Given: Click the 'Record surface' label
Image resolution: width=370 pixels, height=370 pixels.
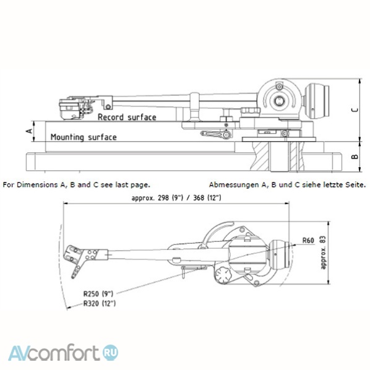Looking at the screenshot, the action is click(127, 117).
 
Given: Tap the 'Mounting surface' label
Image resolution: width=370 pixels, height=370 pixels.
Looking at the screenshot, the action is click(84, 137).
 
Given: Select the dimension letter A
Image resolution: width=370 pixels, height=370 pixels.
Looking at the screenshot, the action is click(30, 131).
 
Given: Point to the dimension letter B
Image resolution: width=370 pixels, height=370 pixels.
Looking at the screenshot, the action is click(355, 157).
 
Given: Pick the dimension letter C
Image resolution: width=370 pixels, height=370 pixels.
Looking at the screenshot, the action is click(355, 110).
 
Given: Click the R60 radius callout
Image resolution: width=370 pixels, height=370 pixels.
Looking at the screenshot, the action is click(308, 241).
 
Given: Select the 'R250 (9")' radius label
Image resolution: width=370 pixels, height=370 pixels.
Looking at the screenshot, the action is click(98, 293).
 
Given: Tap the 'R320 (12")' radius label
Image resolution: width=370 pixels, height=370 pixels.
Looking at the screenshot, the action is click(100, 303).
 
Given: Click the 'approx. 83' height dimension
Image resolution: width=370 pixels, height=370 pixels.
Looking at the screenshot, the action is click(323, 252).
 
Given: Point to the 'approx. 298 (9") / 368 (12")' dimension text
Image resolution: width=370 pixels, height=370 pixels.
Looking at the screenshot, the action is click(176, 198).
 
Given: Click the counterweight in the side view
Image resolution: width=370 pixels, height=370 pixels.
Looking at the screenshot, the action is click(316, 101).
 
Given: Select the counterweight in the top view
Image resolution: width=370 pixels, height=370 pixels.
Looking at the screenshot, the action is click(279, 254).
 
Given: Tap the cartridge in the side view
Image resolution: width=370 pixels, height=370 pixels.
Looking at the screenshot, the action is click(71, 109).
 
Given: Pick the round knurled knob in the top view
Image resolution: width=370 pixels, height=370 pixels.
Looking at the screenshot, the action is click(223, 275).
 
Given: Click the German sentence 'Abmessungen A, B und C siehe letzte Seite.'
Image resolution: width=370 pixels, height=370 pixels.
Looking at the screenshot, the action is click(288, 185).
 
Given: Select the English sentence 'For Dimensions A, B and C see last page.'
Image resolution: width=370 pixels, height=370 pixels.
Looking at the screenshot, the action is click(77, 185).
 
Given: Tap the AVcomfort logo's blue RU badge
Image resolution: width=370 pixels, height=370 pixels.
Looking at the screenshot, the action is click(110, 353).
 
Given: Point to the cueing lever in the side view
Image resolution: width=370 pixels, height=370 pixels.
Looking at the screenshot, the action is click(216, 134).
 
